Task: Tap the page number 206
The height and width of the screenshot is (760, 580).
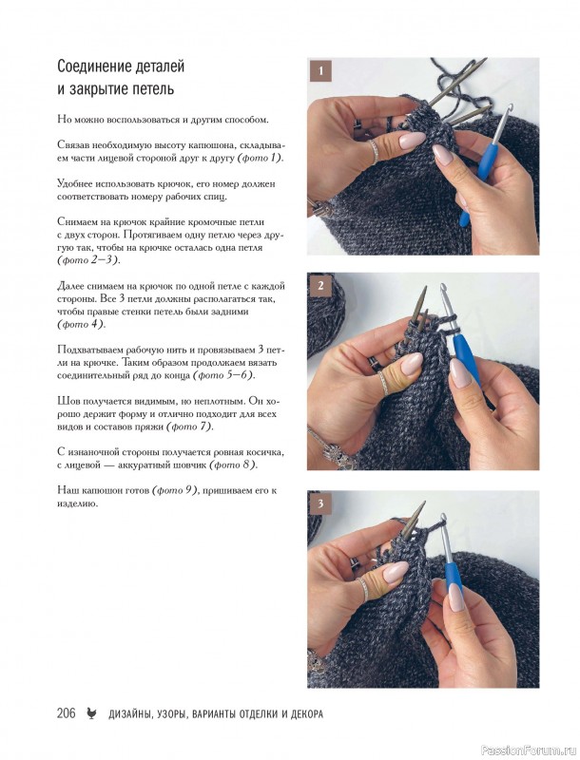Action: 66,713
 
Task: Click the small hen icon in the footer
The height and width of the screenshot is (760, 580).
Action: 91,713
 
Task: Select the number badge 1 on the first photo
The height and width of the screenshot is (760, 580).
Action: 320,71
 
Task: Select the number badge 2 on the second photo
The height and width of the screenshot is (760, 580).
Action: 320,286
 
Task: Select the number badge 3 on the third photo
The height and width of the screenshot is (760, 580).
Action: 320,503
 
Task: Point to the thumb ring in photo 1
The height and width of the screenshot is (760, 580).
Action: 376,152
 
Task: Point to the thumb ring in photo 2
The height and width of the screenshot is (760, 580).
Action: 383,382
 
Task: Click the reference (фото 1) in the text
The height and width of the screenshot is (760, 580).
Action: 261,158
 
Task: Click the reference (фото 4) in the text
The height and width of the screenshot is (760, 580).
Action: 81,324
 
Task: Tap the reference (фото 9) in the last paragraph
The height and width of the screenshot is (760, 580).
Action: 176,490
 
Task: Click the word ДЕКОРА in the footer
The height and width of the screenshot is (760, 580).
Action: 307,714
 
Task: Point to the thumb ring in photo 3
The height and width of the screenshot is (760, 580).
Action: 363,588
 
